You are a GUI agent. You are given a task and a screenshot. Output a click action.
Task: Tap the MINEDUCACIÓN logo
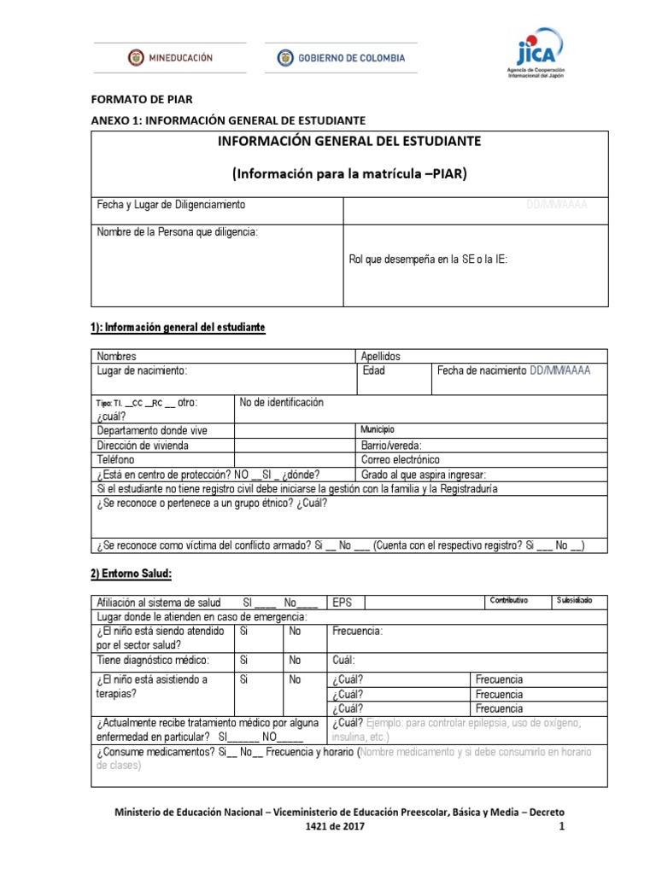(170, 58)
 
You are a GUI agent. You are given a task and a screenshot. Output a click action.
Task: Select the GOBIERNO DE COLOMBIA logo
(341, 58)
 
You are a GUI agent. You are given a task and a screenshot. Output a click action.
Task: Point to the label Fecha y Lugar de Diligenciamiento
(171, 205)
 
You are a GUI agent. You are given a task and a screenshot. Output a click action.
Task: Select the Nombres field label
(116, 356)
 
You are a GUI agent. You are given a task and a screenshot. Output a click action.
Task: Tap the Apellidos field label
(381, 356)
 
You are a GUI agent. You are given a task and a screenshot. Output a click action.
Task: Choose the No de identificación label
(282, 403)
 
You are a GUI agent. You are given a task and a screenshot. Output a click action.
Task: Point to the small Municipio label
(378, 429)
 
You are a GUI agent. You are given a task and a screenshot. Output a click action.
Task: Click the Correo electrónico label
(401, 459)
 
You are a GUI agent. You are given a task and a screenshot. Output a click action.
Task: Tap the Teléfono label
(116, 459)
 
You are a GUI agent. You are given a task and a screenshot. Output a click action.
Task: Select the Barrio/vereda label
(391, 445)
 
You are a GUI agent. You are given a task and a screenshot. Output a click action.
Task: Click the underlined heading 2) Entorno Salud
(132, 574)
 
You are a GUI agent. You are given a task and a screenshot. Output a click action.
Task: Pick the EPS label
(342, 602)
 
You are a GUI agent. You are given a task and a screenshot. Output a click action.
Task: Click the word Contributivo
(507, 601)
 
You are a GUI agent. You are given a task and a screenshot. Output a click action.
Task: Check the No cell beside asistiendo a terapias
(296, 679)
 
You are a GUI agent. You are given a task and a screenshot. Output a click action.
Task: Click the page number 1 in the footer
(561, 827)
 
